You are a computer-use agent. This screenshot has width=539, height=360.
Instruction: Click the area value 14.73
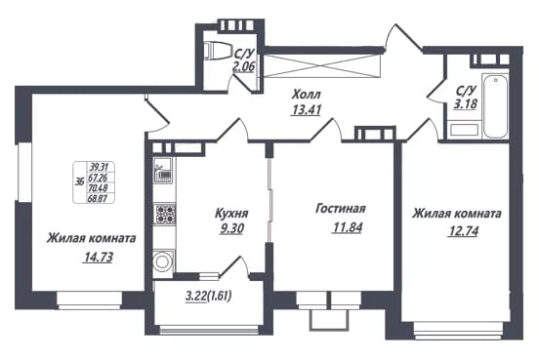98,257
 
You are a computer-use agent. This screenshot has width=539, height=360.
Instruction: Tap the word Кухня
231,214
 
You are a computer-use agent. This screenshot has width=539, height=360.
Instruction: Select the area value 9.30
232,228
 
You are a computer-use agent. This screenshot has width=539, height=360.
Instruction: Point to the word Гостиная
341,209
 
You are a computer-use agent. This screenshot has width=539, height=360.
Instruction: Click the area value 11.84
348,227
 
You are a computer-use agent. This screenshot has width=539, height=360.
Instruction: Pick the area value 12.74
464,231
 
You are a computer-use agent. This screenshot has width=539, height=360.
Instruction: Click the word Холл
307,94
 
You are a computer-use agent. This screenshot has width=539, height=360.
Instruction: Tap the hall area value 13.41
306,110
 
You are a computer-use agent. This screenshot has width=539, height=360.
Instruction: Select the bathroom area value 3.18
466,103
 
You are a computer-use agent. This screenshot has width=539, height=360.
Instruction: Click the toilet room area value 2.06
244,66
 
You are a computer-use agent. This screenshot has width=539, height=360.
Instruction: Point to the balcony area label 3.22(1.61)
208,296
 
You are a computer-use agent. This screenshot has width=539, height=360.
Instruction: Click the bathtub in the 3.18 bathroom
495,106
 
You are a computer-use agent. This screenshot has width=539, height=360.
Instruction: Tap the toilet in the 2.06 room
218,51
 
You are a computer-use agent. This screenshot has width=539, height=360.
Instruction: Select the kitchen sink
165,170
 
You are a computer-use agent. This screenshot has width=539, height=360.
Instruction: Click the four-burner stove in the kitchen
165,214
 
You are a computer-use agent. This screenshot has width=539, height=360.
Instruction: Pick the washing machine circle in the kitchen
162,261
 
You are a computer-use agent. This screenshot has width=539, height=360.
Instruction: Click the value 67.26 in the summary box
98,178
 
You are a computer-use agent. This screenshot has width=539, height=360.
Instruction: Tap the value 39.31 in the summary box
99,168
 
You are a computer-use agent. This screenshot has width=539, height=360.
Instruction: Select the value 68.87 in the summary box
98,198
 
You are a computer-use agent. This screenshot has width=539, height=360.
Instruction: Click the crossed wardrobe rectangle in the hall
323,65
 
